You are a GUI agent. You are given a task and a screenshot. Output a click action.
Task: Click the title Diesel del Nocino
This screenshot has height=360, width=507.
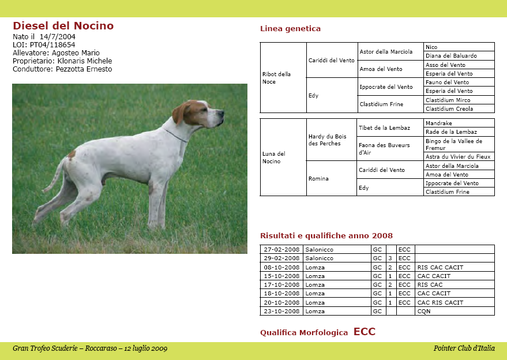click(63, 26)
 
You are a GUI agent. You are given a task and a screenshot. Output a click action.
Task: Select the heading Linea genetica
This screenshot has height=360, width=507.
click(290, 29)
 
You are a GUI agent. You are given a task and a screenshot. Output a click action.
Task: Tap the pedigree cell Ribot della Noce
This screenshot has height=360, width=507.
click(276, 78)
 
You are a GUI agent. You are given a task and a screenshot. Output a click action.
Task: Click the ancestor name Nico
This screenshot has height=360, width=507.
click(431, 47)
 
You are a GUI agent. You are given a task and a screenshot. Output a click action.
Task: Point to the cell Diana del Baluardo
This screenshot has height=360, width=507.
click(451, 56)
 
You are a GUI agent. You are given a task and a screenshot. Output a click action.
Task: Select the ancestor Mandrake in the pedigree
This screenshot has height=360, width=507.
click(438, 123)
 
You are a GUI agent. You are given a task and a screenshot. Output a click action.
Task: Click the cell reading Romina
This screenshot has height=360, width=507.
click(318, 179)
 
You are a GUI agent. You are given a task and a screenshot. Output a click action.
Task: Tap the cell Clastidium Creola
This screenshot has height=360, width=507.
click(449, 109)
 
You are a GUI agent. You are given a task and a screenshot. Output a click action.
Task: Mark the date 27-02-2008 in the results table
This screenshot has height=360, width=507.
click(281, 250)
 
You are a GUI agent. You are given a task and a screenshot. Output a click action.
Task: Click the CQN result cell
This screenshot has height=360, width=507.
click(424, 312)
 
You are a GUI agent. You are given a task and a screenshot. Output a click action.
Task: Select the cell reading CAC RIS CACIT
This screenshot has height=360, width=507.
click(440, 303)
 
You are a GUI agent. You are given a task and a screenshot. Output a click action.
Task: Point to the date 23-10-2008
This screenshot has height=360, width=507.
click(281, 312)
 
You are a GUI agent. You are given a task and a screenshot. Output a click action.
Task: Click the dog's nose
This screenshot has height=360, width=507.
click(221, 112)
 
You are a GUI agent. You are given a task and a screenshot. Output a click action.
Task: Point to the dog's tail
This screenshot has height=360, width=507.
click(56, 177)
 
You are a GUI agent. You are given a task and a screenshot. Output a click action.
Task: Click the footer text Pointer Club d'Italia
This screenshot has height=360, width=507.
click(464, 348)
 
